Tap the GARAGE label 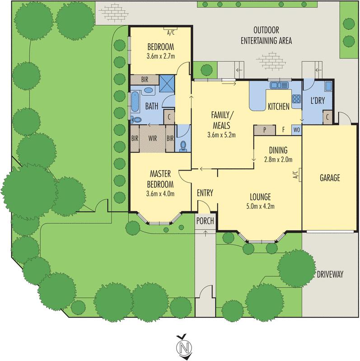[330, 178]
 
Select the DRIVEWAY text [330, 274]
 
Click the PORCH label [205, 221]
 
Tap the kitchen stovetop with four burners [297, 100]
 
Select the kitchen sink [279, 84]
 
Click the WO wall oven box [296, 130]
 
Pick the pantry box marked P [265, 130]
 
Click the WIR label [152, 138]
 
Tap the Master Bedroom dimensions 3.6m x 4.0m [160, 194]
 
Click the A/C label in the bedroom [171, 32]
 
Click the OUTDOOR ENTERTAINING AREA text [266, 36]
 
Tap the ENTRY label [205, 193]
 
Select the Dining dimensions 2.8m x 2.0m [278, 159]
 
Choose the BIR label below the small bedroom [145, 79]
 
